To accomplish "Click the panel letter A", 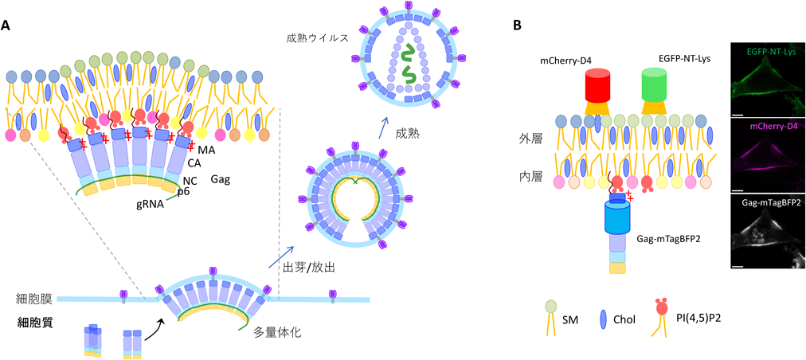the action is (x=6, y=24).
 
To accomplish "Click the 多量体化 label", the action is (x=278, y=331).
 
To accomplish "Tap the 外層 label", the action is (x=531, y=140).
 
